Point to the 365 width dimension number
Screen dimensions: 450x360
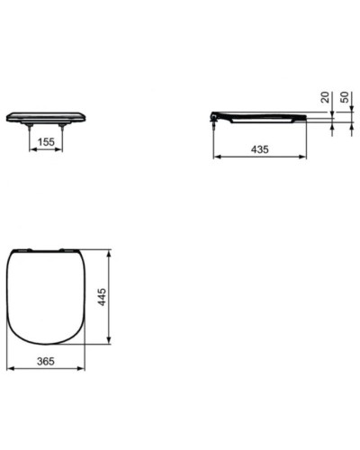click(x=47, y=361)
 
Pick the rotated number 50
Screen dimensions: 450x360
click(x=344, y=97)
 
